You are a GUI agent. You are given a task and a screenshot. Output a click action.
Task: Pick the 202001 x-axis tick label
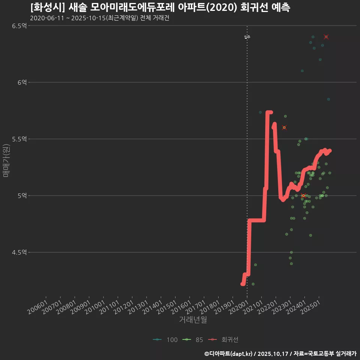239,304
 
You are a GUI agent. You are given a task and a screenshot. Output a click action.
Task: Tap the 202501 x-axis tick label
310,304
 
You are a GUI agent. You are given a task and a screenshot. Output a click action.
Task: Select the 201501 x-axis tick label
167,304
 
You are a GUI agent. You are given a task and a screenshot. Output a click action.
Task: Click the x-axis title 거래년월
193,319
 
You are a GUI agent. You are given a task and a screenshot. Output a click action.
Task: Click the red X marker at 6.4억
326,37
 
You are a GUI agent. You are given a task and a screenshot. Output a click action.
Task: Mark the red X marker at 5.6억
284,127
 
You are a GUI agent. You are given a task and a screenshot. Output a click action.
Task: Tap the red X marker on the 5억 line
303,196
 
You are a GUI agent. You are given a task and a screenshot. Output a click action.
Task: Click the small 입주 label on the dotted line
247,37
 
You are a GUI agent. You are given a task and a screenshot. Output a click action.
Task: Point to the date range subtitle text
99,18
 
